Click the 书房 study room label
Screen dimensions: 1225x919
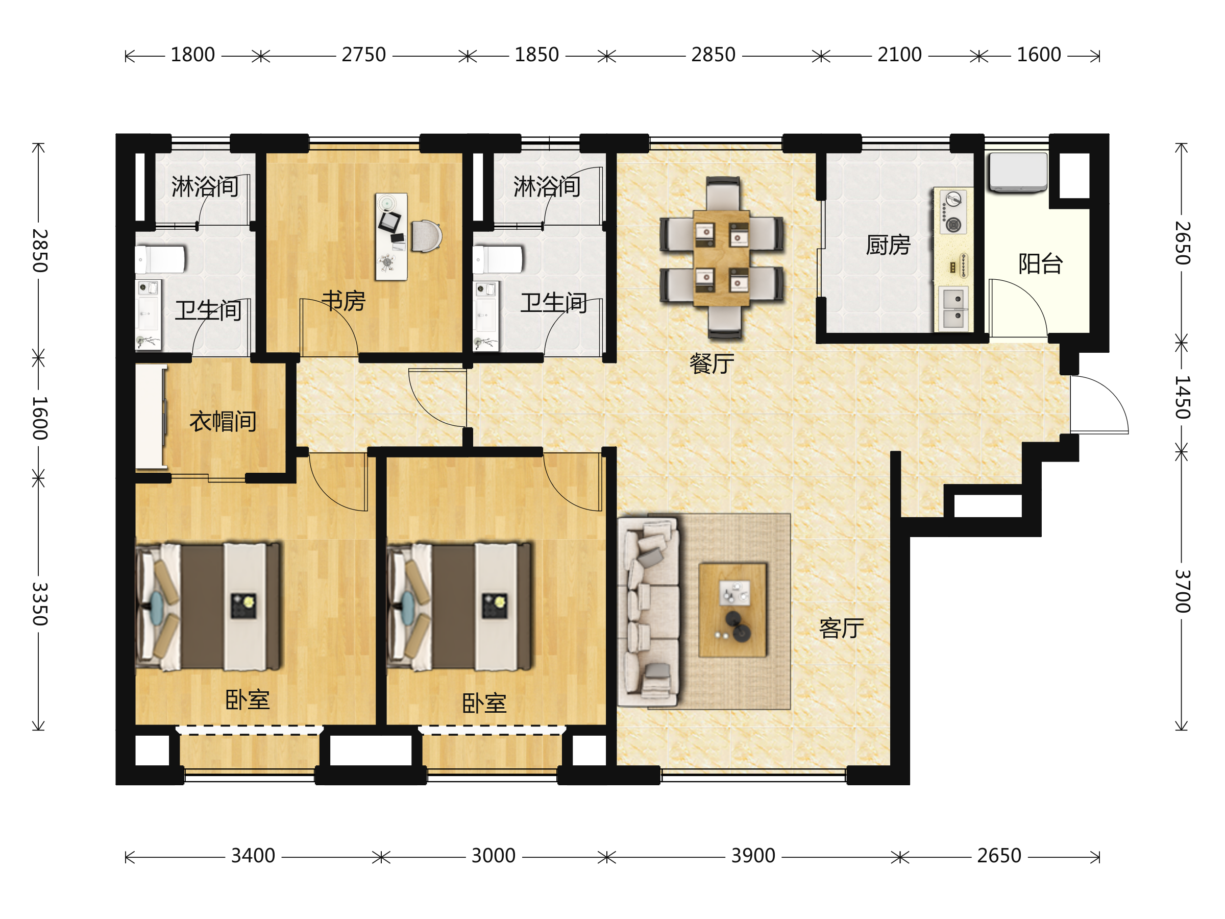point(344,301)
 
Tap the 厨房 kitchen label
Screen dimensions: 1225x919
point(888,245)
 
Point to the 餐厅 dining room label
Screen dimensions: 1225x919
point(712,364)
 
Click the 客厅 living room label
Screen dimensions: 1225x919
point(841,628)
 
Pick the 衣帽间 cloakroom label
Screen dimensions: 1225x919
point(223,422)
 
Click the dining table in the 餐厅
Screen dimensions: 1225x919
point(722,258)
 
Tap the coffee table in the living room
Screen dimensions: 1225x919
point(732,611)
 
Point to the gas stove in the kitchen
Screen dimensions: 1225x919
point(953,211)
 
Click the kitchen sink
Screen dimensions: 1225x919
point(953,308)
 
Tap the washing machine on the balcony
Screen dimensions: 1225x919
point(1018,172)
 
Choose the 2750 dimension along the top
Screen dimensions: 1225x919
point(363,55)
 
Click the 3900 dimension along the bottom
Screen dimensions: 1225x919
point(753,856)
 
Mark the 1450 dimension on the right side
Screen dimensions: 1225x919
point(1182,397)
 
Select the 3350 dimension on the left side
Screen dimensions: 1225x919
point(39,604)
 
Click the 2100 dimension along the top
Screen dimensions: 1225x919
point(899,55)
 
